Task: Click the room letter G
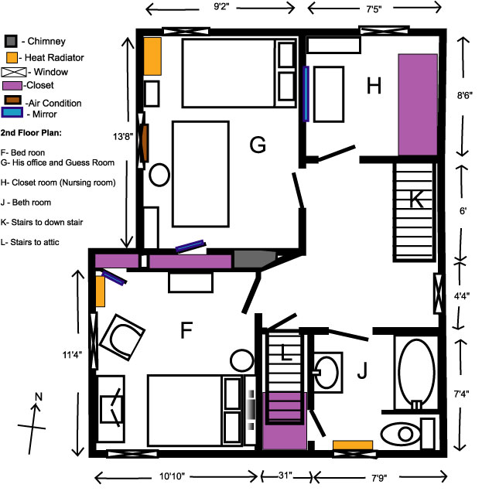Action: tap(258, 144)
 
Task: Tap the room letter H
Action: tap(374, 87)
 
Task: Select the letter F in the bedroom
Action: tap(186, 331)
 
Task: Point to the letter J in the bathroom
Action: tap(361, 373)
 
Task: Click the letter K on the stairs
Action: tap(416, 200)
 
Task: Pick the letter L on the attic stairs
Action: tap(286, 354)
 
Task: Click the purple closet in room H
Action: tap(418, 104)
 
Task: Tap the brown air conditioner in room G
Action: tap(144, 144)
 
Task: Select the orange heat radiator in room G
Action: tap(152, 55)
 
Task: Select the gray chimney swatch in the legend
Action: tap(11, 41)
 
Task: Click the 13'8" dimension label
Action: tap(123, 136)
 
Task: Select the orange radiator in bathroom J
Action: tap(353, 445)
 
